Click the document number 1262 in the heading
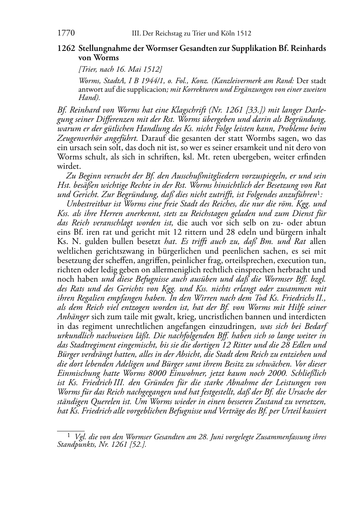[65, 48]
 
